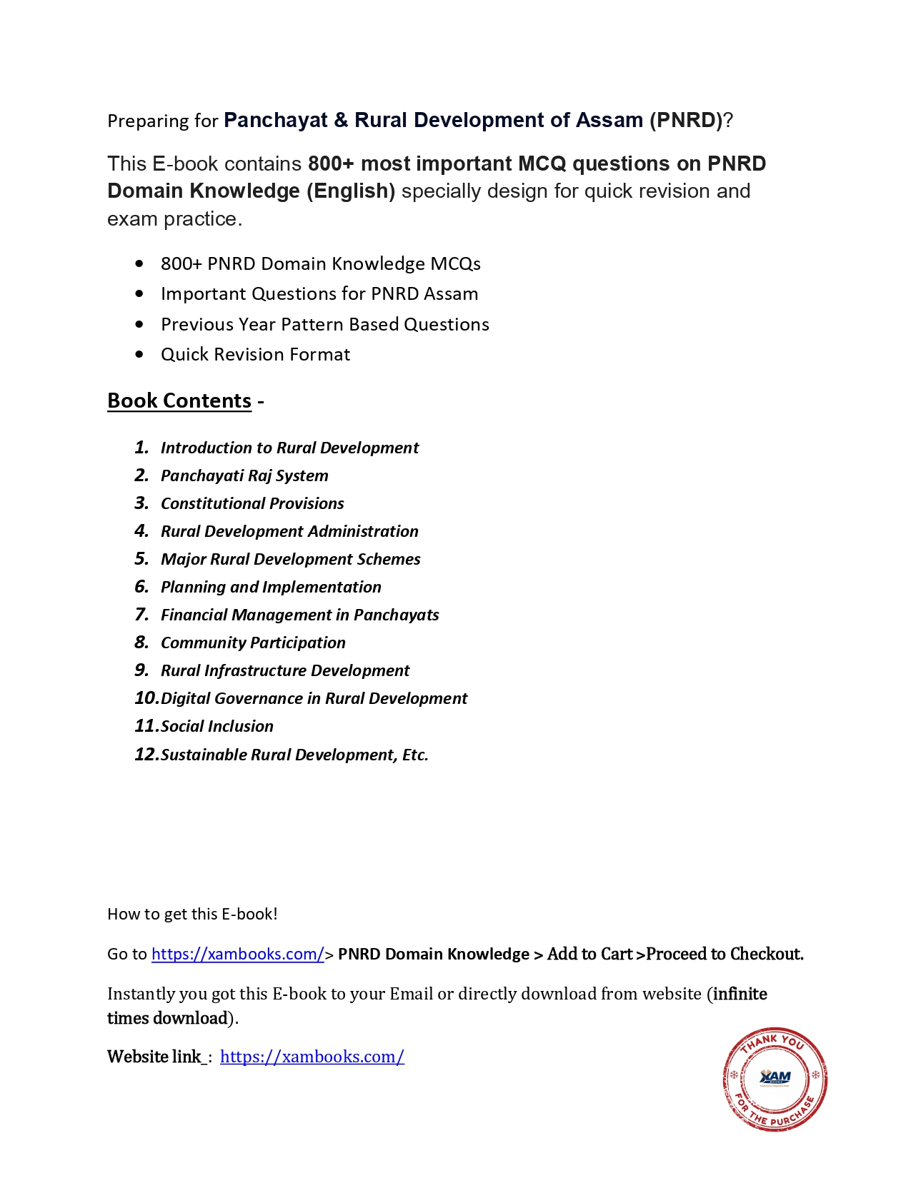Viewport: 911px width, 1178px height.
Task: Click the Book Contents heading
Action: (x=179, y=401)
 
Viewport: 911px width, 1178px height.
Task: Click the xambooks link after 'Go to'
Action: (x=238, y=954)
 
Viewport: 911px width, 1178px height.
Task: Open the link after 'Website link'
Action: (x=312, y=1057)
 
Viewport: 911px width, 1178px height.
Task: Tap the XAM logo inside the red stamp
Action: (x=775, y=1077)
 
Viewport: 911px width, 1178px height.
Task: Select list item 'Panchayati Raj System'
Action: (x=244, y=475)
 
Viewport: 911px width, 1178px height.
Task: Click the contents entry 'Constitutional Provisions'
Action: (x=252, y=503)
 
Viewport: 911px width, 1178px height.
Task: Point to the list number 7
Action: (x=141, y=615)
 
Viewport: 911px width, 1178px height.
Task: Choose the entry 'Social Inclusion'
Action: (x=217, y=726)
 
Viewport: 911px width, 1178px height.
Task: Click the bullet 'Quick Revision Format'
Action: (x=255, y=355)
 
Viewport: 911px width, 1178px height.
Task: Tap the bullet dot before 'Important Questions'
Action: (x=139, y=294)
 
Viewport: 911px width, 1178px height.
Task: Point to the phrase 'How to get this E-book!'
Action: (x=192, y=914)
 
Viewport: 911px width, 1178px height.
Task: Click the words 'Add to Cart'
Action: (x=589, y=954)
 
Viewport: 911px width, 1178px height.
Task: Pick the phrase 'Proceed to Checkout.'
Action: (x=725, y=954)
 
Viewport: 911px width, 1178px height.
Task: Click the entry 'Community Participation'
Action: (x=253, y=643)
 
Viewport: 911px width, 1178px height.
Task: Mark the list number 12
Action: (x=146, y=755)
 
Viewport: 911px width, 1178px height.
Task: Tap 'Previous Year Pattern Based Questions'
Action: (x=325, y=325)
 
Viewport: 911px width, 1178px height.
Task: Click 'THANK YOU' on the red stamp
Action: (x=773, y=1042)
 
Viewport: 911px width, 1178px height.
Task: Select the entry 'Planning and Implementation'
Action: (x=271, y=587)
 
